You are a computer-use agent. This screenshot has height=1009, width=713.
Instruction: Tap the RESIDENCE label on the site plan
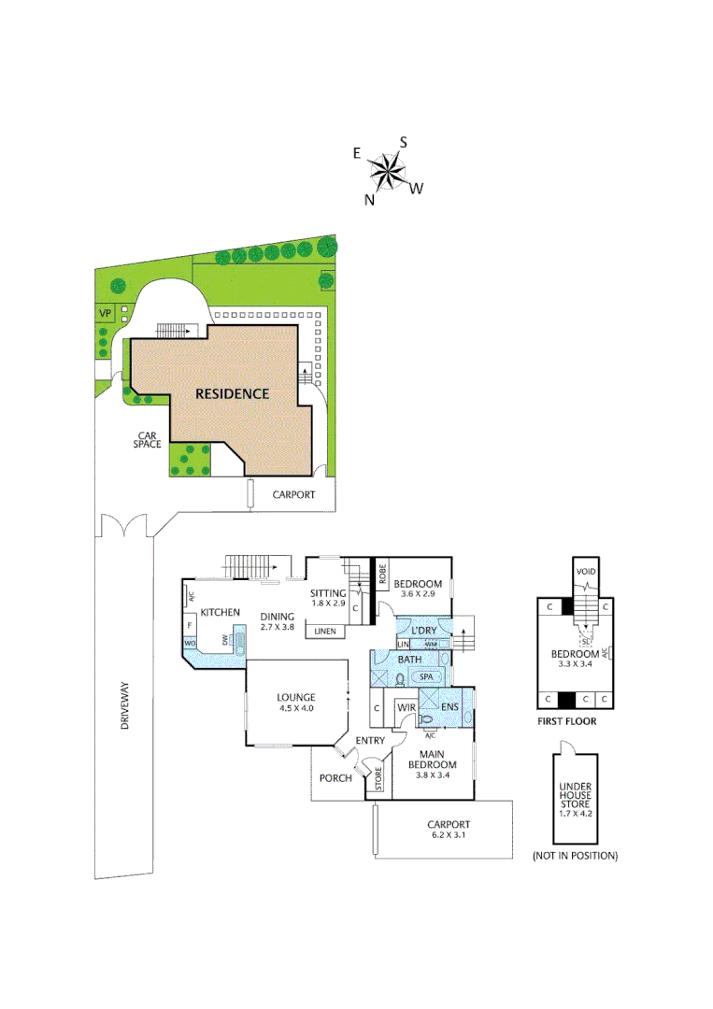(232, 393)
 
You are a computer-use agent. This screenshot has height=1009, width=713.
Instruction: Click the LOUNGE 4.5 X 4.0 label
(296, 703)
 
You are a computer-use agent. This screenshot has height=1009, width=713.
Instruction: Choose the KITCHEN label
(221, 612)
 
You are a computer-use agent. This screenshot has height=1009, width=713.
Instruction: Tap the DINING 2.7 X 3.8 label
(278, 621)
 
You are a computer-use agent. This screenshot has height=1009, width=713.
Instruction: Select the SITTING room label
(328, 598)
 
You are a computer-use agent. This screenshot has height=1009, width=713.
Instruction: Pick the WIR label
(406, 708)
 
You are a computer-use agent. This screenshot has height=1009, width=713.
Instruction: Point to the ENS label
(450, 707)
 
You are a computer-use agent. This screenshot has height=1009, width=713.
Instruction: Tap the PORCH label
(335, 777)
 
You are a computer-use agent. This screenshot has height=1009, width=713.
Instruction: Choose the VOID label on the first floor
(586, 571)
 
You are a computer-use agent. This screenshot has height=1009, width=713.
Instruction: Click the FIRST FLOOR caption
(566, 721)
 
